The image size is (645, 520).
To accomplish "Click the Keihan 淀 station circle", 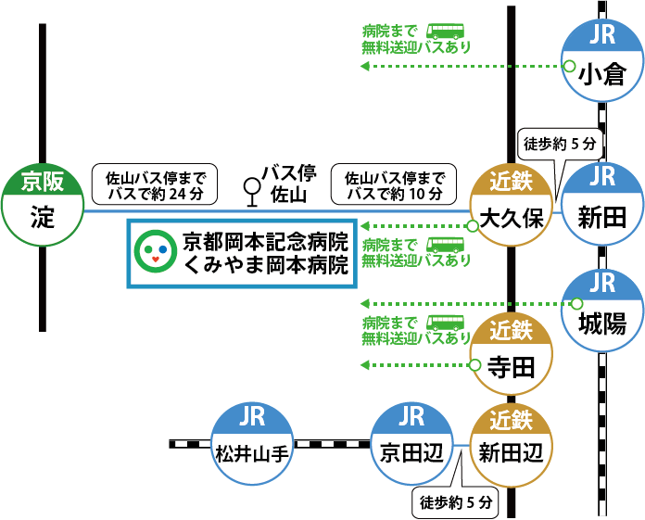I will coord(42,205).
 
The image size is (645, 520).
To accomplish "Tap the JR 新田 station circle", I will coord(603,204).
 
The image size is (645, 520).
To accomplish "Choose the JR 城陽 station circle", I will coord(603,311).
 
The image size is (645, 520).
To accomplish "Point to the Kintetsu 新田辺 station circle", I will coord(511,442).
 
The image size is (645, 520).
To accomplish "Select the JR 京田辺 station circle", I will coord(411,442).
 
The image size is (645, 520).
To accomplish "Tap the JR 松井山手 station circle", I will coord(252,442).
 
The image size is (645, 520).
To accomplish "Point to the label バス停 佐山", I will coord(289,184).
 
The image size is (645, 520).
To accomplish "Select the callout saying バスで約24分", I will coord(154,185).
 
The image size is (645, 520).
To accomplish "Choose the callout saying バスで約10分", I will coord(394,185).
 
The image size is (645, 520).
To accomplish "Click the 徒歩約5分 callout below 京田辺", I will coord(454,503).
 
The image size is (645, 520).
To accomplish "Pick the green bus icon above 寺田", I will coord(445,323).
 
